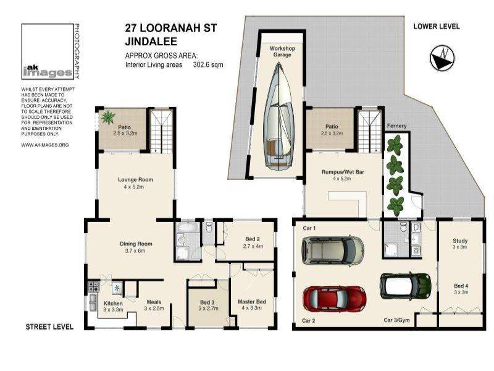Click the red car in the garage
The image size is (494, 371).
pyautogui.click(x=334, y=299)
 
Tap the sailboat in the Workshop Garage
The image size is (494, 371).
pyautogui.click(x=278, y=116)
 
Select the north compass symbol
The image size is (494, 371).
pyautogui.click(x=442, y=58)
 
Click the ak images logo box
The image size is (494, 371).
pyautogui.click(x=48, y=51)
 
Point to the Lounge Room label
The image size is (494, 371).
pyautogui.click(x=135, y=179)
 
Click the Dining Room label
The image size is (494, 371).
pyautogui.click(x=136, y=244)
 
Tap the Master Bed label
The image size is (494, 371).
pyautogui.click(x=252, y=302)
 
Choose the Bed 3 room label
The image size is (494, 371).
pyautogui.click(x=207, y=302)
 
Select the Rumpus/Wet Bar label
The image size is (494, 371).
pyautogui.click(x=343, y=172)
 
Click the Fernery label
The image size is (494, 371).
pyautogui.click(x=396, y=126)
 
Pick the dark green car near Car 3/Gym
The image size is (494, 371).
pyautogui.click(x=406, y=286)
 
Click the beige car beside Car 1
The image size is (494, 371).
pyautogui.click(x=333, y=251)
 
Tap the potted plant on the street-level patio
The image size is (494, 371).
pyautogui.click(x=107, y=117)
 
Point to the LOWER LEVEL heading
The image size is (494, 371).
pyautogui.click(x=437, y=27)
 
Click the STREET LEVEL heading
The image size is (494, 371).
pyautogui.click(x=49, y=327)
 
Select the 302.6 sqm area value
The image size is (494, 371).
pyautogui.click(x=208, y=65)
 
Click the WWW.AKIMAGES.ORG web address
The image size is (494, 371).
pyautogui.click(x=44, y=145)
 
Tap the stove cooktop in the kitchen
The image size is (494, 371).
pyautogui.click(x=93, y=286)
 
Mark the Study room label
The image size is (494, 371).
pyautogui.click(x=460, y=241)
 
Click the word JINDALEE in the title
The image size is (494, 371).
pyautogui.click(x=151, y=41)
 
